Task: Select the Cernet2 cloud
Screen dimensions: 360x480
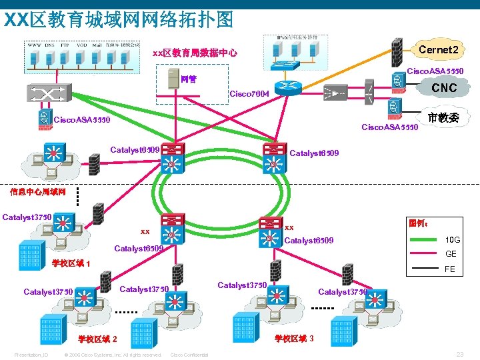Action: (437, 50)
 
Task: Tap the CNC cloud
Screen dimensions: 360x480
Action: (444, 87)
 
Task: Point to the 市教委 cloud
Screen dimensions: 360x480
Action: (442, 118)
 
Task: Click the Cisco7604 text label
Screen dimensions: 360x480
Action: (249, 94)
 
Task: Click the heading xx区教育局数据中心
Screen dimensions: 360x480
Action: (195, 53)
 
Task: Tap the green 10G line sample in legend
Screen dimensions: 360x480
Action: (423, 239)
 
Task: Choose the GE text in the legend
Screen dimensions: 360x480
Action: (451, 254)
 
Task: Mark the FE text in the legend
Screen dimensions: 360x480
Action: (451, 269)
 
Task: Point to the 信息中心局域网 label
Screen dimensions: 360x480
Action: (37, 192)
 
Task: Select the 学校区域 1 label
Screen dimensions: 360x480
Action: (71, 263)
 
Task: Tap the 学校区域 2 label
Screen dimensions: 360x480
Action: (98, 339)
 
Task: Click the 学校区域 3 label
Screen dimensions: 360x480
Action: (294, 339)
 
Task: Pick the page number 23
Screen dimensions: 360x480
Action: (459, 354)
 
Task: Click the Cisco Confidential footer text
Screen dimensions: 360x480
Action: (189, 355)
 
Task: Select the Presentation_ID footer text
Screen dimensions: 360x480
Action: (31, 355)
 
